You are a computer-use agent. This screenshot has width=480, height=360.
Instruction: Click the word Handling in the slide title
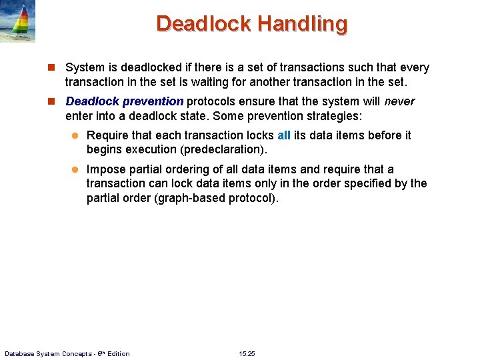click(303, 24)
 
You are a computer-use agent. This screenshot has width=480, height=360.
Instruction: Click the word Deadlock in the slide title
click(204, 24)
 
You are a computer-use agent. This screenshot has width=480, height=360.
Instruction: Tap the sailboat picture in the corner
click(17, 21)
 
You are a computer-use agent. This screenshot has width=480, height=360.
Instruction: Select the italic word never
click(399, 101)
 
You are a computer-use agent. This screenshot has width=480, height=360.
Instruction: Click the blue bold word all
click(284, 135)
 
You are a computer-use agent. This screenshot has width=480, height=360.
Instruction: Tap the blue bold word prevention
click(153, 101)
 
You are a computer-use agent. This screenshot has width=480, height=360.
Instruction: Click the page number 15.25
click(247, 353)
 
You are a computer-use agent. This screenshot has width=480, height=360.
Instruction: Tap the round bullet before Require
click(75, 136)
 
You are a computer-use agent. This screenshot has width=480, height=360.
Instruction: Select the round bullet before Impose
click(75, 170)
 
